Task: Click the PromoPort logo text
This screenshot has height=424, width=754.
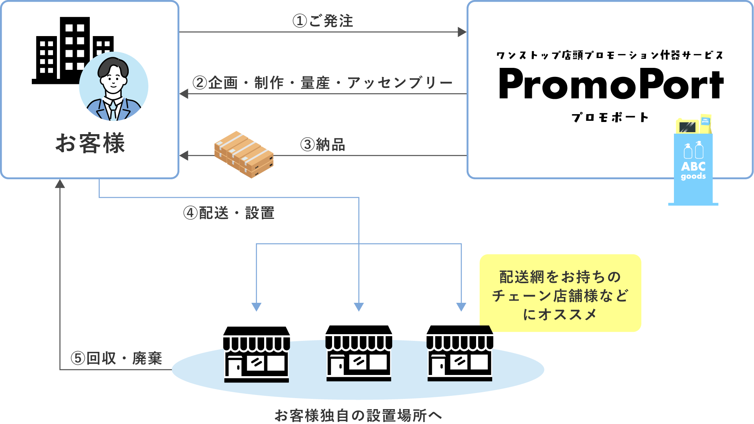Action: click(x=611, y=84)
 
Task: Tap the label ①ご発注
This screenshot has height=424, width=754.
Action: click(x=323, y=21)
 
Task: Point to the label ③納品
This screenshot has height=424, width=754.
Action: click(x=323, y=145)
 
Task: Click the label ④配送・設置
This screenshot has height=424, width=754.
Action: click(x=229, y=213)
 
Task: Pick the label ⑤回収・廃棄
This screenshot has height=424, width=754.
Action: click(x=116, y=358)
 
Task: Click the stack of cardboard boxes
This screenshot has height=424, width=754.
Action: click(x=244, y=154)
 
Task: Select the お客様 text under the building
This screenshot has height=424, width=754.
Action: click(x=90, y=143)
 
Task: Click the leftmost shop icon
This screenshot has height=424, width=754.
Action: click(x=257, y=354)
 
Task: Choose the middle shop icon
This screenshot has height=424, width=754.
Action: click(x=359, y=353)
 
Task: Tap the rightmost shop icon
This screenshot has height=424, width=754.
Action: click(x=460, y=353)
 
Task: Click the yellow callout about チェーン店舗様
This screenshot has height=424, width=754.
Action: click(x=560, y=295)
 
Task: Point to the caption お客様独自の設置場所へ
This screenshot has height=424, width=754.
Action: click(x=358, y=415)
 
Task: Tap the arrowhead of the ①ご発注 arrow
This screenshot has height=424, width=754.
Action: click(x=462, y=32)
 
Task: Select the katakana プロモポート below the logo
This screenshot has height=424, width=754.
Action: click(x=610, y=117)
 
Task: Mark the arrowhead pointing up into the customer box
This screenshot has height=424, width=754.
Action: click(x=60, y=184)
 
